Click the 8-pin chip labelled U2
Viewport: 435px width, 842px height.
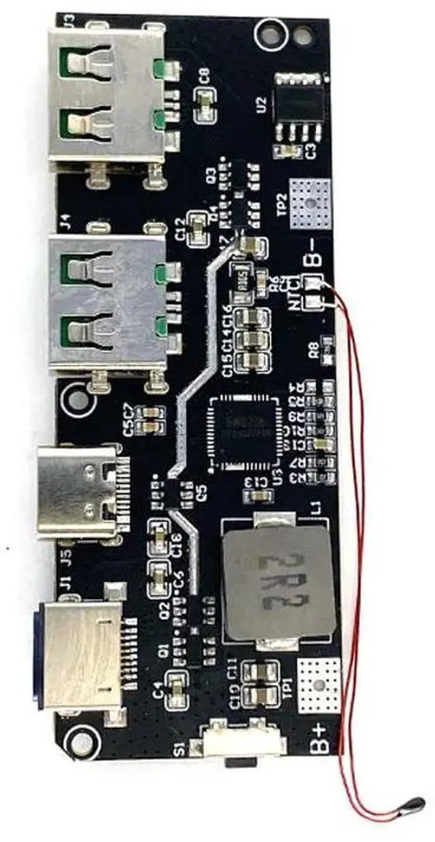[x=300, y=105]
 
